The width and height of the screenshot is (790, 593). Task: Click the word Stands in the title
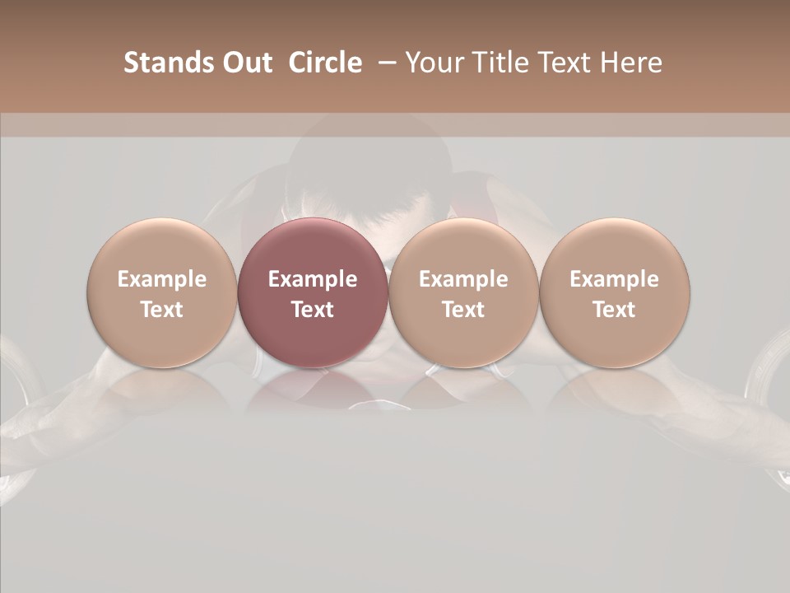(x=168, y=63)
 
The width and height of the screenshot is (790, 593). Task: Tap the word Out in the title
(x=245, y=63)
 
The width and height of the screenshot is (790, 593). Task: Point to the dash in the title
(x=384, y=63)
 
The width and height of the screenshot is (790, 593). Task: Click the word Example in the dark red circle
(x=313, y=279)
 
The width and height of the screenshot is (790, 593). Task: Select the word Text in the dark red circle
(x=313, y=310)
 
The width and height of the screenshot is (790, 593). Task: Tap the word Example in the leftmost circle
(x=161, y=279)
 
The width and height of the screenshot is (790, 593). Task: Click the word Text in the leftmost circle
(x=161, y=310)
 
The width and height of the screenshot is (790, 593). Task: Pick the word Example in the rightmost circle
(x=614, y=279)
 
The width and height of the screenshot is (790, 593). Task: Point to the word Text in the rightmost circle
(x=614, y=310)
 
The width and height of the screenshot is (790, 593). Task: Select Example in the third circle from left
(x=463, y=279)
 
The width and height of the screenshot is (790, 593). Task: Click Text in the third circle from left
(x=463, y=310)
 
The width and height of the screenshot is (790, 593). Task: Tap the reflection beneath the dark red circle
(x=313, y=391)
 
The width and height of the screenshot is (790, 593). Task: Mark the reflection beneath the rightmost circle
(x=614, y=391)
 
